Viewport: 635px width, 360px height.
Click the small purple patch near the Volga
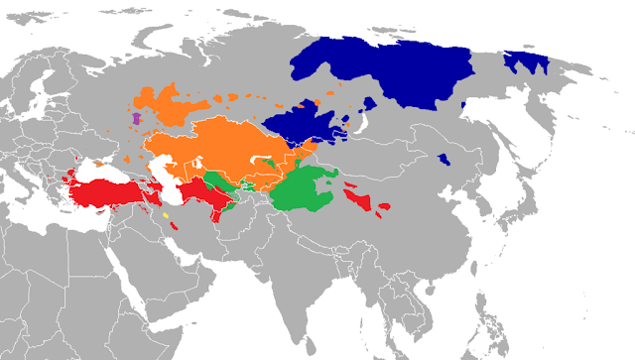tap(136, 120)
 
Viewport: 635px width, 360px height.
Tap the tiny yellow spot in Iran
tap(167, 215)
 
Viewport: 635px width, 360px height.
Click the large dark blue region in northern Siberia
tap(397, 69)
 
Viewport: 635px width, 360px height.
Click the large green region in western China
tap(308, 193)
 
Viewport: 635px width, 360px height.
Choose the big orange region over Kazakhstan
tap(218, 149)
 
